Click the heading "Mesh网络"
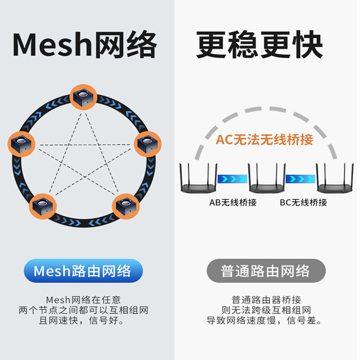coord(85,45)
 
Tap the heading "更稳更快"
coord(260,45)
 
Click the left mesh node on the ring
coord(21,144)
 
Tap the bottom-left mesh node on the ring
coord(43,207)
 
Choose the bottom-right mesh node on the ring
coord(126,207)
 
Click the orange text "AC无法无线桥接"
coord(264,139)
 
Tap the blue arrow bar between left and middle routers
coord(232,179)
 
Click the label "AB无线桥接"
coord(233,202)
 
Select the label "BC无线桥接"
coord(303,202)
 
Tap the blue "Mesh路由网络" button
coord(83,271)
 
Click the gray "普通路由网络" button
coord(265,271)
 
